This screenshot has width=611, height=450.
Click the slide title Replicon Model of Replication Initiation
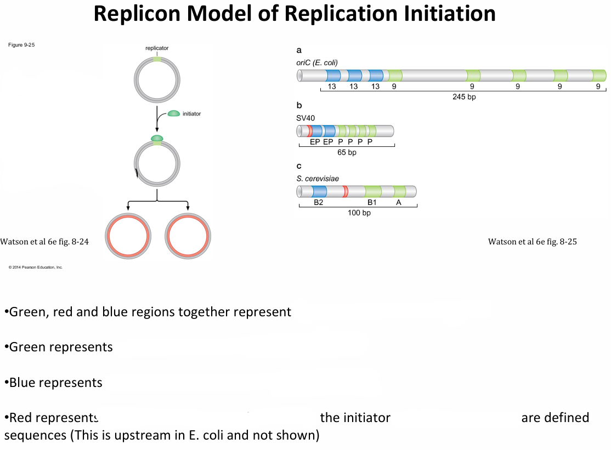pos(295,14)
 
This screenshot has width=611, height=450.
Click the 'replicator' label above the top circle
pos(157,48)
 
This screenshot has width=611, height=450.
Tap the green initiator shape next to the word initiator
pos(173,113)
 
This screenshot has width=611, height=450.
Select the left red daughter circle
pos(128,236)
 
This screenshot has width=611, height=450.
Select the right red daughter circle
pos(189,236)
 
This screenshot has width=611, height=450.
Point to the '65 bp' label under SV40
pos(347,152)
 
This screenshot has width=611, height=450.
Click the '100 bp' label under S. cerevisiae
pos(359,213)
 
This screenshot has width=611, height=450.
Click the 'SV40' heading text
pos(305,117)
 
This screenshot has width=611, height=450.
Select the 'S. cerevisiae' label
pos(318,178)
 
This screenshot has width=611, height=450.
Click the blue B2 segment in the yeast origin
pos(319,191)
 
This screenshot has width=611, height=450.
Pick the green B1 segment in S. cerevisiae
pos(373,191)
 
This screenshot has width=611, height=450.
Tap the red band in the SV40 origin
pos(310,131)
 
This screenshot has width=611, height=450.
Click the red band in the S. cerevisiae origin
pos(345,191)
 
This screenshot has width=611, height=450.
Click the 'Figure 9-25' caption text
pos(22,44)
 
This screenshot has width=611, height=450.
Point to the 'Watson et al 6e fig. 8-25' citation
pos(532,242)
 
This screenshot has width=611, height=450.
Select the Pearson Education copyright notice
pos(36,267)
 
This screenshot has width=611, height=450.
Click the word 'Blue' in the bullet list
pos(26,382)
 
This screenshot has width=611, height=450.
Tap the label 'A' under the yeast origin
pos(399,202)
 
